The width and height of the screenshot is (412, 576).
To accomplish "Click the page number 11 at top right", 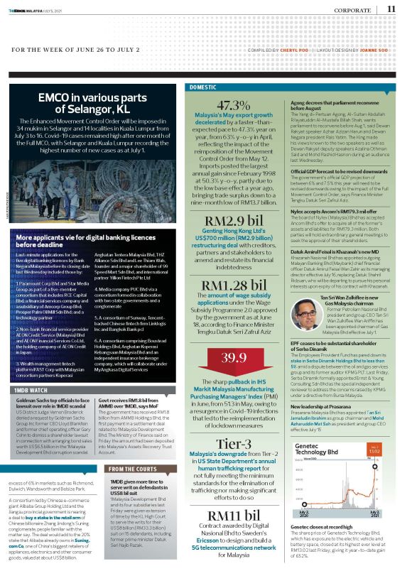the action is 391,9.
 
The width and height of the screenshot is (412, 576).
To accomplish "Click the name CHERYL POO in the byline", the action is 288,50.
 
